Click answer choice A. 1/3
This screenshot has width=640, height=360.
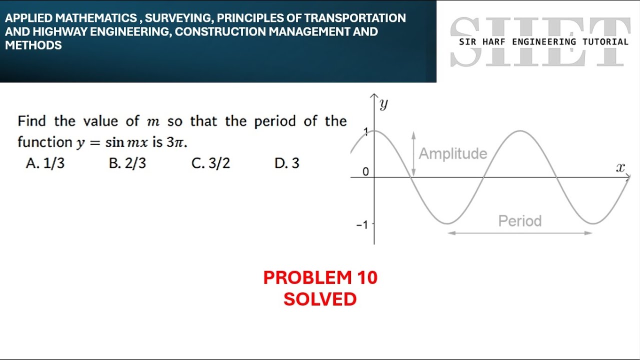[45, 163]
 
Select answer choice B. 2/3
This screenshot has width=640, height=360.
[127, 163]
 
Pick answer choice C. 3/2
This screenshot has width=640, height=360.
[210, 163]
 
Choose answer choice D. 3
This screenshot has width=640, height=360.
[287, 163]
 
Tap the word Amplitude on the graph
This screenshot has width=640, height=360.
[453, 153]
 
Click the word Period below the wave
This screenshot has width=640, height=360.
[520, 221]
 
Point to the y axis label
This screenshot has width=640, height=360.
[384, 104]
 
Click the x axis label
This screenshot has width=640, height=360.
[621, 168]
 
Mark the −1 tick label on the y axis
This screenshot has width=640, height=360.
[361, 224]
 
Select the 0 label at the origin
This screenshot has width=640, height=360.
[365, 172]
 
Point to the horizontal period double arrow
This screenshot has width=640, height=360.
[520, 233]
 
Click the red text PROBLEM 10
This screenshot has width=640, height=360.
[320, 277]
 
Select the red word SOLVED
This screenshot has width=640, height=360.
[320, 299]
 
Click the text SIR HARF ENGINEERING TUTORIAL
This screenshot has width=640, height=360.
[543, 42]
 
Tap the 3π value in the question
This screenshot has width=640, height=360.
[176, 142]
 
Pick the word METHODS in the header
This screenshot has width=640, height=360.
[33, 45]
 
